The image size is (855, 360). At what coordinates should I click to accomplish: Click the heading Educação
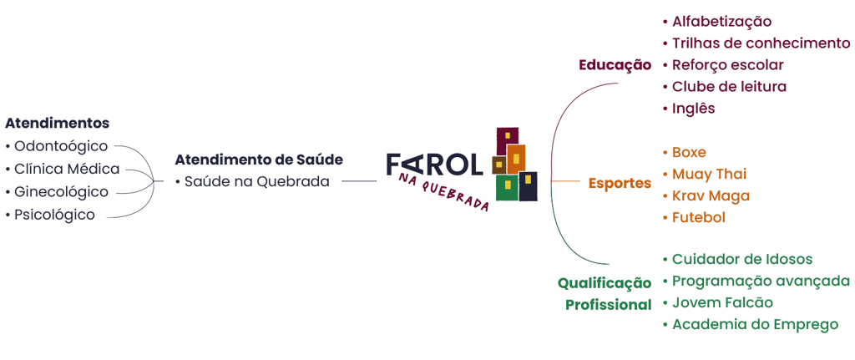coord(615,65)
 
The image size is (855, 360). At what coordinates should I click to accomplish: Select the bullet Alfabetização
coord(721,22)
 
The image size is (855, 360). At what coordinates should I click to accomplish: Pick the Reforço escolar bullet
coord(727,65)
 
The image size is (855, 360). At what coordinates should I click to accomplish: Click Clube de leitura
coord(729,87)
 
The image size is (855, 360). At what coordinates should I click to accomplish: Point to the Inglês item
coord(693,109)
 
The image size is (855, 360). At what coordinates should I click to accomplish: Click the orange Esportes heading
coord(619,183)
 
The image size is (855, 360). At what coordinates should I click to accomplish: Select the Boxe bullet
coord(689,153)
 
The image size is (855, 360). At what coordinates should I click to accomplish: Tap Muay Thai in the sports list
coord(698,175)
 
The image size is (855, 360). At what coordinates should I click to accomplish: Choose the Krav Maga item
coord(699,196)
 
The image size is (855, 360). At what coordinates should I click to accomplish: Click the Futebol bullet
coord(698,218)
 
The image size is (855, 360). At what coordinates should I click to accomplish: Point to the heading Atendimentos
coord(57,124)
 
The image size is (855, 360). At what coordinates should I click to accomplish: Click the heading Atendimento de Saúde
coord(259,160)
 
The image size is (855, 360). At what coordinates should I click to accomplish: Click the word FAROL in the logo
coord(435,165)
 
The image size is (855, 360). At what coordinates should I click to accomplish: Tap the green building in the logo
coord(505,187)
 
